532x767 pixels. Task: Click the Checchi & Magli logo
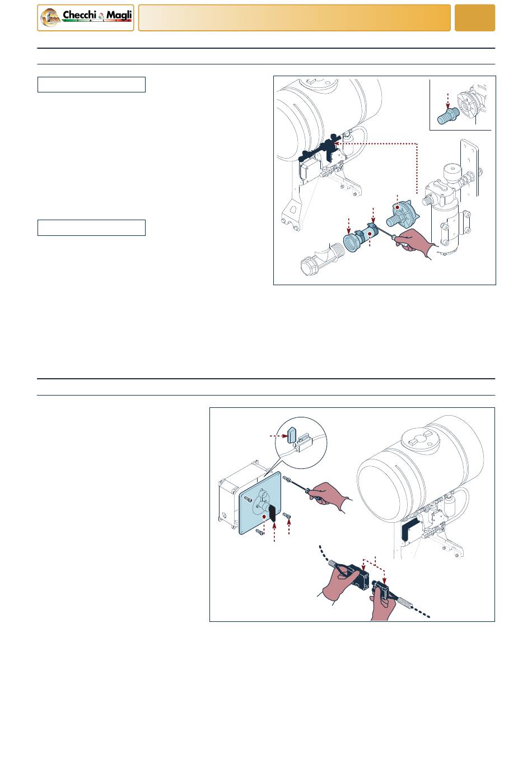(86, 18)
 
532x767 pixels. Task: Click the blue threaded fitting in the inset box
(448, 115)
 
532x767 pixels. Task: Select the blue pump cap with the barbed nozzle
(403, 213)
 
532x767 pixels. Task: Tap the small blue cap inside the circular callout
(292, 435)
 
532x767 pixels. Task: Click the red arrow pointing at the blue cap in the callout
(278, 436)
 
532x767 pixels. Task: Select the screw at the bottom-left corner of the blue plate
(260, 532)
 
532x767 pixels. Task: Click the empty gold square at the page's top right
(474, 18)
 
